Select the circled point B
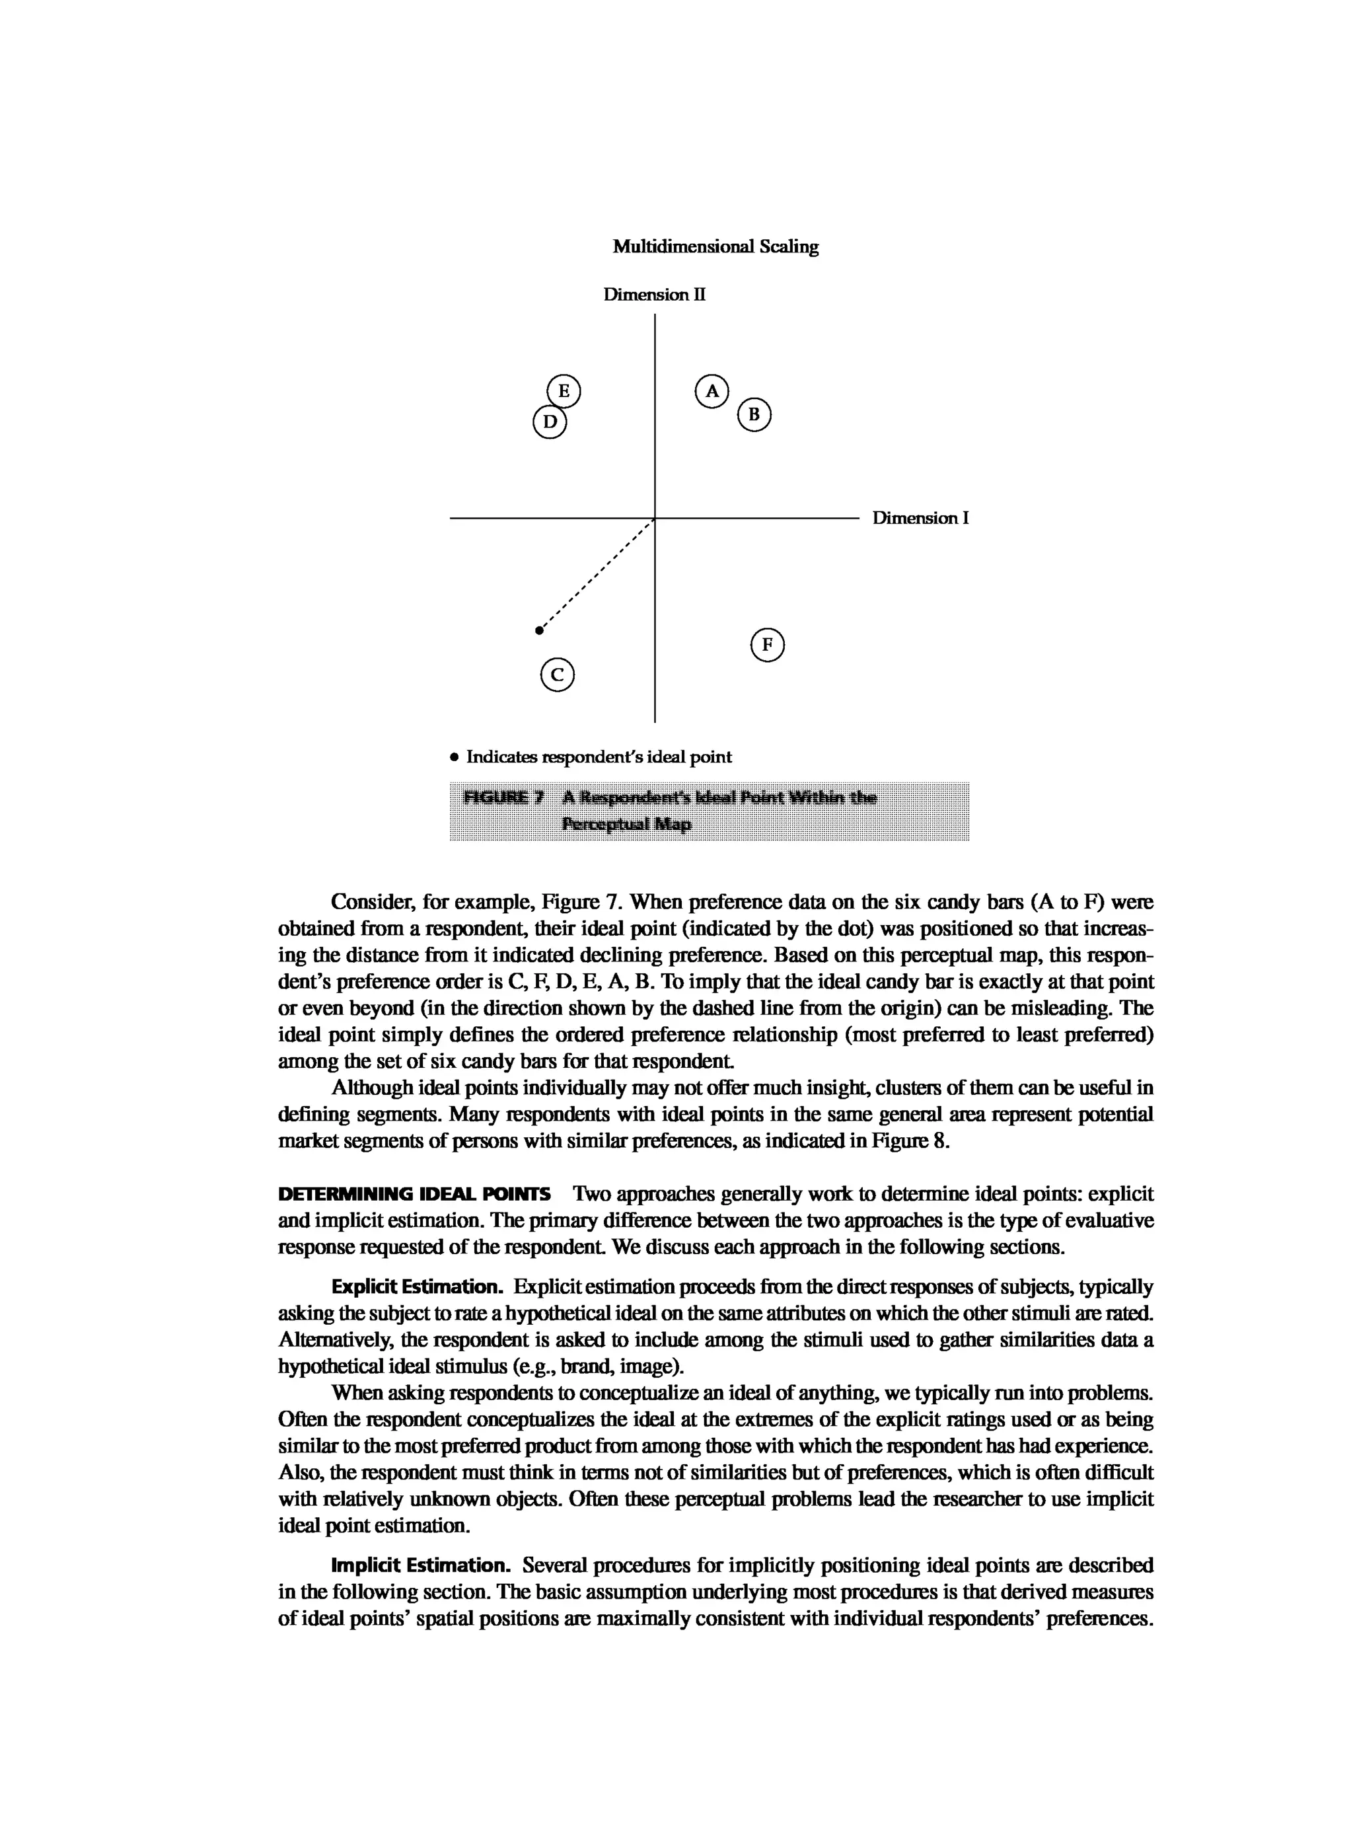coord(754,414)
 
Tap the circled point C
coord(558,675)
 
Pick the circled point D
coord(550,422)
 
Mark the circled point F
coord(768,645)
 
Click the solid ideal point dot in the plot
coord(539,630)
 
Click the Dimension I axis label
coord(920,518)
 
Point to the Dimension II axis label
coord(655,295)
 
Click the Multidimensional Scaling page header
coord(715,246)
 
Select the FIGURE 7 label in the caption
coord(503,797)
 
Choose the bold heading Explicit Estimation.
coord(417,1287)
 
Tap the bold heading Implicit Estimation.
coord(421,1565)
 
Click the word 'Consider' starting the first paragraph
coord(365,902)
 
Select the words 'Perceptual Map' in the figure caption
coord(626,823)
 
